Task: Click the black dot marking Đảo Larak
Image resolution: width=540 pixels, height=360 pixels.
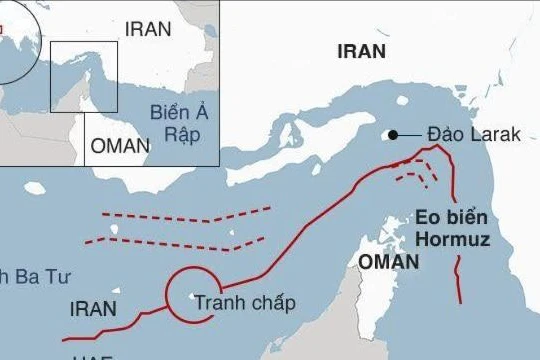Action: [x=394, y=135]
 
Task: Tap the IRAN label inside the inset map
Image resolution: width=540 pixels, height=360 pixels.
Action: [x=147, y=29]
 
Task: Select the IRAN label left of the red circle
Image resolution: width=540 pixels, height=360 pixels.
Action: [x=92, y=309]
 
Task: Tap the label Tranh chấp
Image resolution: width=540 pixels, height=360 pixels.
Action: [x=245, y=303]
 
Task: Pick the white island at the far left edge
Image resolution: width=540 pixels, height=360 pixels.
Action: [x=36, y=188]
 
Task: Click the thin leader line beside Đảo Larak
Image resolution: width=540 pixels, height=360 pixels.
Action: [x=410, y=135]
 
